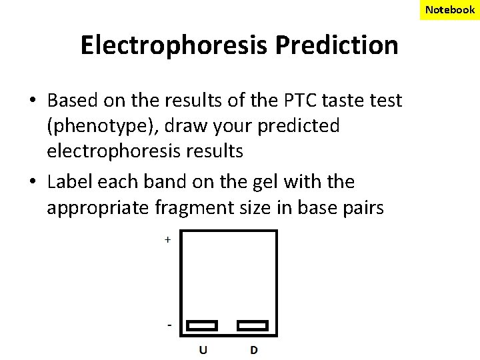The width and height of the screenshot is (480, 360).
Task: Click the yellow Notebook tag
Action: pos(450,9)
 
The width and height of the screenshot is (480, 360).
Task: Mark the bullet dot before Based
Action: pos(31,101)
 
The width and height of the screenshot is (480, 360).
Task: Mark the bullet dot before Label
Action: pos(31,183)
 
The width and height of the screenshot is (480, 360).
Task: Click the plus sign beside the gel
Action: pos(167,239)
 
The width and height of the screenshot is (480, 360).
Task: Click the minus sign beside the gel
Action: pos(169,325)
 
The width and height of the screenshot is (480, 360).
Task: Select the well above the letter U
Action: pos(202,326)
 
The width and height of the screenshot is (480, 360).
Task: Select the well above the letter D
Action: pos(253,326)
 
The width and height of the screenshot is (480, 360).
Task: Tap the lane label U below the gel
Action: pos(202,349)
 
